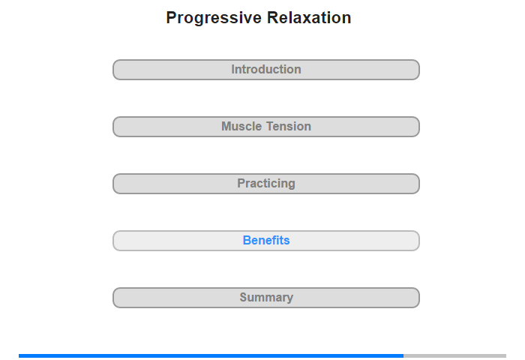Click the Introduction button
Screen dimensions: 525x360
(x=266, y=70)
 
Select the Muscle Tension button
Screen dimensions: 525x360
(x=266, y=127)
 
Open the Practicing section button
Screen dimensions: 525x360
(x=266, y=184)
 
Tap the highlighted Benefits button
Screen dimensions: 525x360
(x=266, y=241)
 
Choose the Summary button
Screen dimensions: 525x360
(x=266, y=298)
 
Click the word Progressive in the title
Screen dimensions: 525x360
(x=214, y=18)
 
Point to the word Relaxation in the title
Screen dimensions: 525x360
(x=309, y=17)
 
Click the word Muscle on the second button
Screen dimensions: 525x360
(x=241, y=127)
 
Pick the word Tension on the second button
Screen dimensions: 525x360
(x=289, y=127)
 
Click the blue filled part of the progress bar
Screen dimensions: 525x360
(x=211, y=355)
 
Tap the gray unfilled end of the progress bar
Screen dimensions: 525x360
(x=454, y=355)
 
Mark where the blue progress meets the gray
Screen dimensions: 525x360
(x=403, y=355)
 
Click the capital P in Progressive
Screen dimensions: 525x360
(x=172, y=18)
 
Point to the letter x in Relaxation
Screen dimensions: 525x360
(x=310, y=19)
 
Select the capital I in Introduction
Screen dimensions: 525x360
(x=232, y=69)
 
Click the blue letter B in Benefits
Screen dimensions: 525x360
(x=247, y=241)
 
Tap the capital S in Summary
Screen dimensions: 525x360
(x=244, y=298)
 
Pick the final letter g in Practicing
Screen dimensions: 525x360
(x=292, y=184)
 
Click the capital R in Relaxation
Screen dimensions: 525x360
(x=273, y=18)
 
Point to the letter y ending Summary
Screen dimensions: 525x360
(x=290, y=298)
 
